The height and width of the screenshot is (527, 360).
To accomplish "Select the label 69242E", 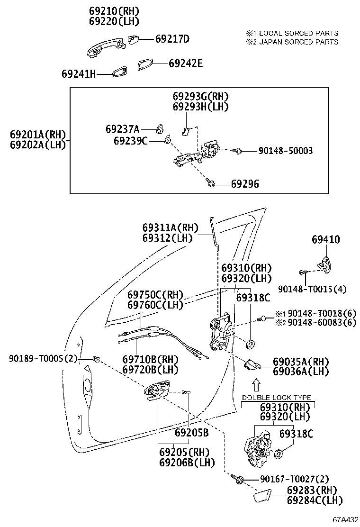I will [185, 63].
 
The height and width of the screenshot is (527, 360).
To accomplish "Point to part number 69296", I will [245, 184].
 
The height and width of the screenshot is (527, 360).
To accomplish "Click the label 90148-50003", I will [286, 151].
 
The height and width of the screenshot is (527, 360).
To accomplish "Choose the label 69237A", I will [122, 128].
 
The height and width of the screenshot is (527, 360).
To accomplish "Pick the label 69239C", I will [130, 140].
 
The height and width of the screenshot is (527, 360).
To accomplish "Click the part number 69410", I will [325, 240].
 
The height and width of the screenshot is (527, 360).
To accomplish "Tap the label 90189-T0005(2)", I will [42, 358].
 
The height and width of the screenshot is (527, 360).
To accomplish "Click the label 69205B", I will [191, 432].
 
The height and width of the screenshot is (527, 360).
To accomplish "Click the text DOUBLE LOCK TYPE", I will [277, 397].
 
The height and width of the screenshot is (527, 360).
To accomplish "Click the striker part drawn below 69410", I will [324, 262].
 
